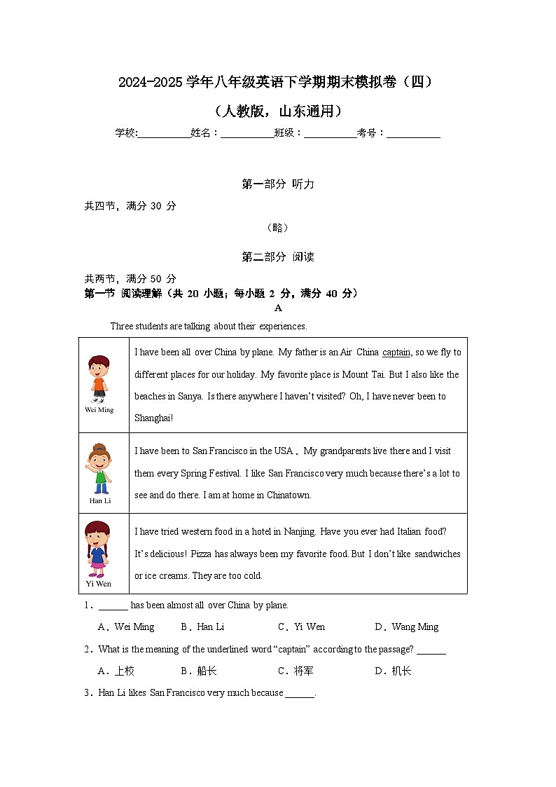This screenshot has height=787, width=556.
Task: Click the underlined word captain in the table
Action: tap(396, 353)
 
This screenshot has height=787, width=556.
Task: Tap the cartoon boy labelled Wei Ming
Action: tap(99, 378)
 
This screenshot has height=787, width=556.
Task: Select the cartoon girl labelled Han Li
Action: tap(99, 468)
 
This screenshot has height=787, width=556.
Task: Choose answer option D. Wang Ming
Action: tap(407, 627)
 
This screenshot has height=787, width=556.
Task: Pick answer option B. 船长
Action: tap(199, 671)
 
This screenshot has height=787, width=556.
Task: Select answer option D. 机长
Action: tap(394, 671)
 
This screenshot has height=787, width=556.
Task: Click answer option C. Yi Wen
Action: tap(302, 627)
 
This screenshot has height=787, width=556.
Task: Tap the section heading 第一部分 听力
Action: tap(278, 184)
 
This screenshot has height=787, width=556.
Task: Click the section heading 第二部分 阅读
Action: tap(278, 257)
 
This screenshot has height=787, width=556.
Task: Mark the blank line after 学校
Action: tap(164, 134)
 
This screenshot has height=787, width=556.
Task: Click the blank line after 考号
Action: tap(413, 134)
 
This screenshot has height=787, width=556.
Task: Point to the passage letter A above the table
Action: tap(278, 308)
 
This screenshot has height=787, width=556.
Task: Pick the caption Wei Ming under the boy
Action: tap(99, 410)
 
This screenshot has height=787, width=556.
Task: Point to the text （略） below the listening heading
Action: tap(278, 228)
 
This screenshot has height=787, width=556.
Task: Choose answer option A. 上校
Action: tap(116, 671)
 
